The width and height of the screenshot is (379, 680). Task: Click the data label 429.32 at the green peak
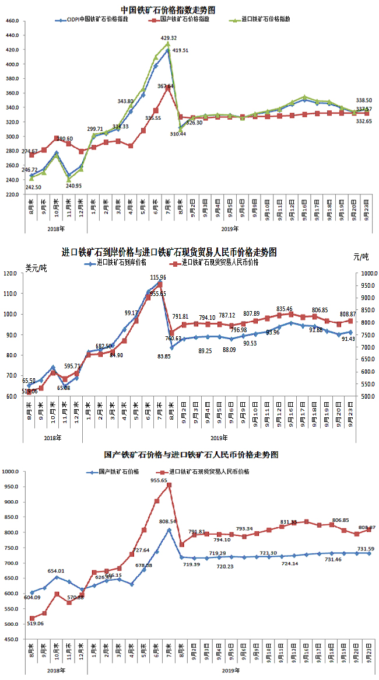tap(169, 38)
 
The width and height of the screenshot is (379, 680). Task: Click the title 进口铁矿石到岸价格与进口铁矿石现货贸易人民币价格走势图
tap(169, 253)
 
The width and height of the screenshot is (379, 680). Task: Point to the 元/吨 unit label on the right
tap(361, 257)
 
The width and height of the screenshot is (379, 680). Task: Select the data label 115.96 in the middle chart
tap(159, 278)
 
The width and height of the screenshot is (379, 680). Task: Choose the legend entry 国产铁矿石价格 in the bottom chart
tap(121, 471)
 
